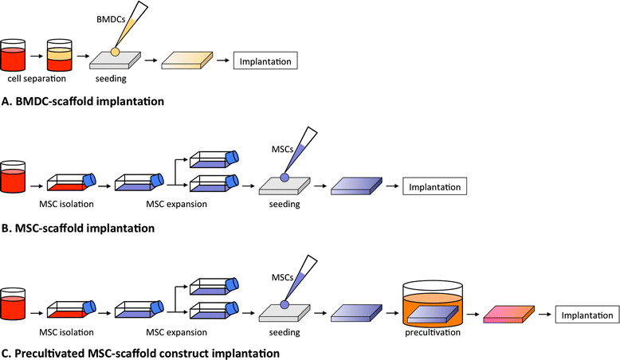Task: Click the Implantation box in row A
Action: point(265,61)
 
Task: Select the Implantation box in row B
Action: point(434,186)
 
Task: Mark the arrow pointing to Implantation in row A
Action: point(223,61)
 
